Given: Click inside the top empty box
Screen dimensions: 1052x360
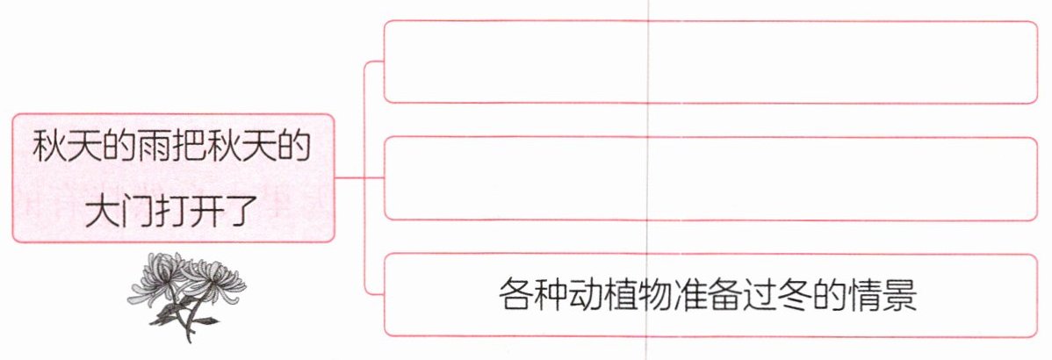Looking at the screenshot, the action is tap(710, 61).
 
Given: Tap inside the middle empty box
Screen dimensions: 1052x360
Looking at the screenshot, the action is tap(710, 178).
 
